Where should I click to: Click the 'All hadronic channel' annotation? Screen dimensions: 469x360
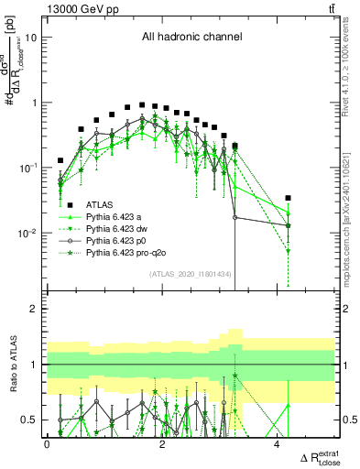(x=191, y=38)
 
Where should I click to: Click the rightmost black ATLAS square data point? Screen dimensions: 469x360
(x=289, y=198)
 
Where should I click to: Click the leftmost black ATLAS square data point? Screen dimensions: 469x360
(x=60, y=160)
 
